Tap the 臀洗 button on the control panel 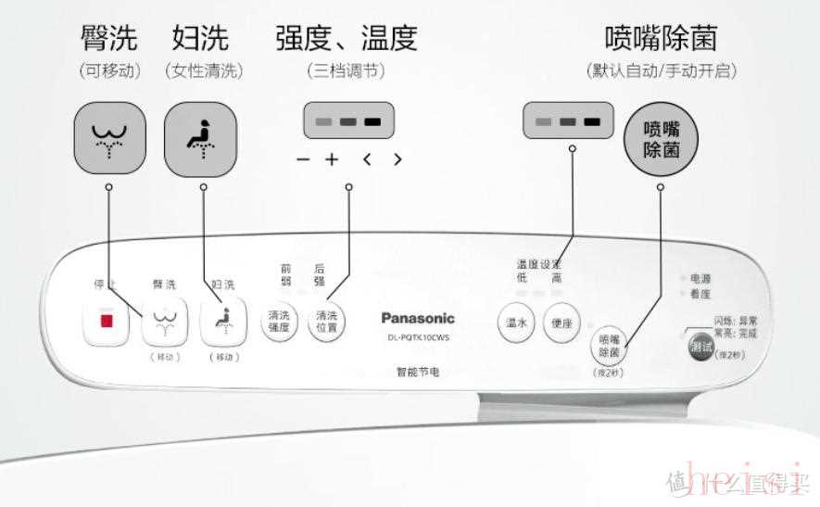coord(164,321)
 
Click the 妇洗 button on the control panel coord(224,321)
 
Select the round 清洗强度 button coord(279,322)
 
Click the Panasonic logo coord(418,318)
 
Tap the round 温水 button coord(516,323)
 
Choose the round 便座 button coord(561,323)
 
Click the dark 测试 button coord(701,347)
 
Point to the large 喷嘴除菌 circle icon coord(660,140)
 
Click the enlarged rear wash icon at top coord(109,139)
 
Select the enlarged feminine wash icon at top coord(200,139)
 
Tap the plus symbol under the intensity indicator coord(331,158)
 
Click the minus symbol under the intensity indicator coord(303,159)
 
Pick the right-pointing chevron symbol coord(397,158)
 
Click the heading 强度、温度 coord(347,38)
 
